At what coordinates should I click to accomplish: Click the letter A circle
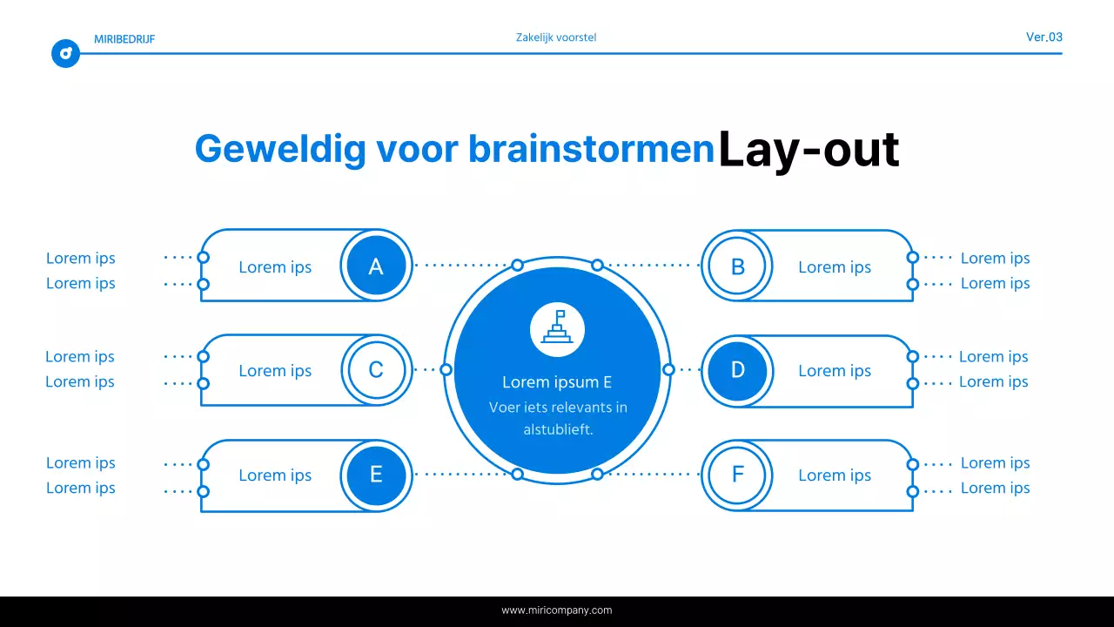376,266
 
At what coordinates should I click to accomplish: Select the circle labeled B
737,266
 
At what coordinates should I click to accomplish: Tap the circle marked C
376,370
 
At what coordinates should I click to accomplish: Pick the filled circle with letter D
737,370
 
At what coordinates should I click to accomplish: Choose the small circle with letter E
376,475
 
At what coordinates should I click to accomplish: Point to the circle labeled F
737,475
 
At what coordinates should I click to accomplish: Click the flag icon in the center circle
557,329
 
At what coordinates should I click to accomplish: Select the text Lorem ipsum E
557,382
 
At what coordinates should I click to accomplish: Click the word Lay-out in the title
808,150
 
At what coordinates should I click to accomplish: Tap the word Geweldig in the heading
280,150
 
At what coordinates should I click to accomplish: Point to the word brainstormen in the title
591,150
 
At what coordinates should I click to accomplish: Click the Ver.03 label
1044,37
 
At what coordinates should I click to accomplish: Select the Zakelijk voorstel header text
556,37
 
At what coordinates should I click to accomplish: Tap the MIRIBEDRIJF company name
124,39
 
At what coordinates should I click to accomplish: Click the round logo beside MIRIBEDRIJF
66,54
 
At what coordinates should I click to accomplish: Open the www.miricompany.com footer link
557,610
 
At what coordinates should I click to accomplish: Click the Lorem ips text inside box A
275,267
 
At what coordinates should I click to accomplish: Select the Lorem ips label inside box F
835,475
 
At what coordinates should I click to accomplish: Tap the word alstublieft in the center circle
558,429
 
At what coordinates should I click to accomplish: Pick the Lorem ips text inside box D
835,371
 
